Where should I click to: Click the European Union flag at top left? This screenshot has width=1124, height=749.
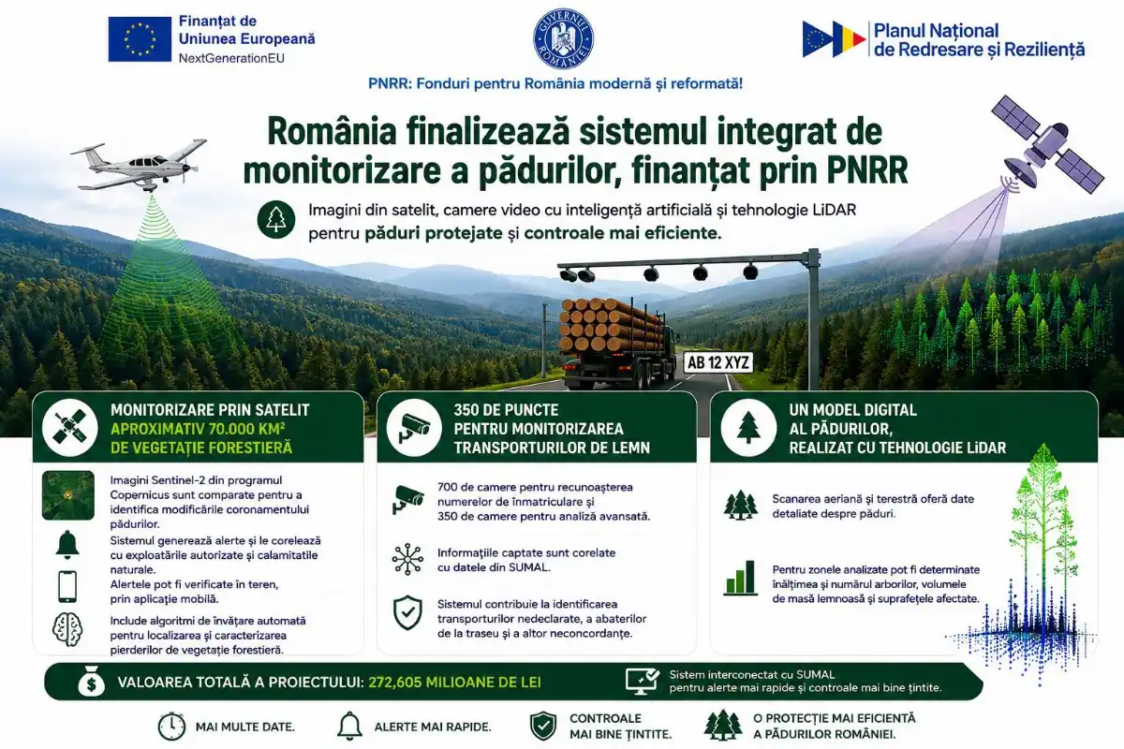(x=140, y=39)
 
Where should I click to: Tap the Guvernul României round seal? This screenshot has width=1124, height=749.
(x=563, y=38)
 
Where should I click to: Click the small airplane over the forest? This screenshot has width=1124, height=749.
(x=139, y=165)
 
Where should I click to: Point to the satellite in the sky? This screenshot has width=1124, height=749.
(x=1047, y=145)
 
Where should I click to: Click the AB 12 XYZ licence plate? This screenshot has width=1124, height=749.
(x=718, y=362)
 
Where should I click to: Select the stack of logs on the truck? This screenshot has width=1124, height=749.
(x=611, y=325)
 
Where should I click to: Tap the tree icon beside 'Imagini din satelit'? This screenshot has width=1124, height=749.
(x=276, y=219)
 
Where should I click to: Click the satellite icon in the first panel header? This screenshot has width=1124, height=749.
(x=69, y=428)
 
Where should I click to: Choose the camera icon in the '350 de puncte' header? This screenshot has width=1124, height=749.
(x=413, y=428)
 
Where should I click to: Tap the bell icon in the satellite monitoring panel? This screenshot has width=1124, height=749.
(x=67, y=545)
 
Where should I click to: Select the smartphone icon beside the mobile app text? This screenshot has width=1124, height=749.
(x=67, y=586)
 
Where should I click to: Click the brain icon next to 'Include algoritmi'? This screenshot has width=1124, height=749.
(x=67, y=629)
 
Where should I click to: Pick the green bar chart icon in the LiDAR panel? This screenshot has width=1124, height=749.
(x=741, y=578)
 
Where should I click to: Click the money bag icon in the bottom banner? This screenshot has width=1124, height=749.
(x=92, y=682)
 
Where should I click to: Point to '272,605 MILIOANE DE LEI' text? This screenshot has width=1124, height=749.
(x=454, y=683)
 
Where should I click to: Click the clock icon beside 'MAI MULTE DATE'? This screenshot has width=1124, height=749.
(x=171, y=726)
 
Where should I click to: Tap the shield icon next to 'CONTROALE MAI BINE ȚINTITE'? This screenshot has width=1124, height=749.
(x=543, y=726)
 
